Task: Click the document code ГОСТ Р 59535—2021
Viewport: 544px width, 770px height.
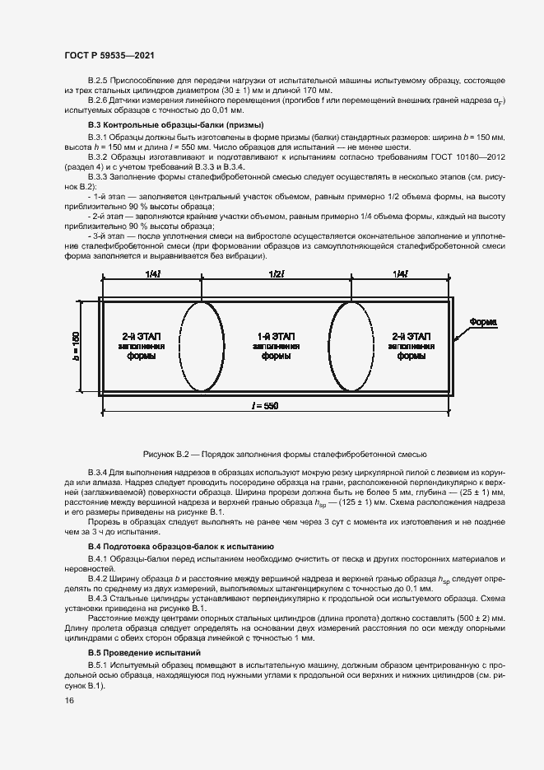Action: click(104, 55)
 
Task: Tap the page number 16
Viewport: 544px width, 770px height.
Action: click(68, 700)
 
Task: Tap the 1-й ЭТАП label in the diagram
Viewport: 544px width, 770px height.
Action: click(276, 337)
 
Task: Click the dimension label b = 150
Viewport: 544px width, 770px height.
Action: click(75, 346)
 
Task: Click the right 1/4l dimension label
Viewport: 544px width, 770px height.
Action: click(400, 273)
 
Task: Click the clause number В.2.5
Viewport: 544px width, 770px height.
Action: click(100, 79)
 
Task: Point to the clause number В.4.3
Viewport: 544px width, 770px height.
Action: click(100, 599)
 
